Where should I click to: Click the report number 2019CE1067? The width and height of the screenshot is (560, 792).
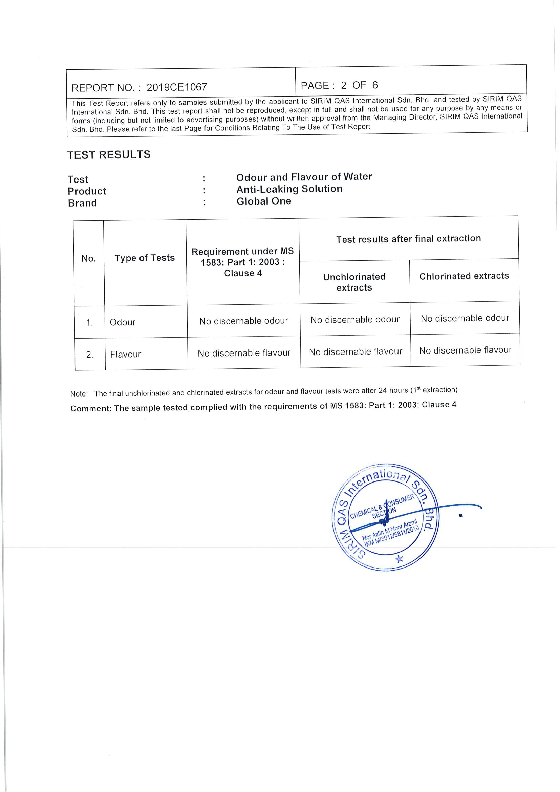(176, 87)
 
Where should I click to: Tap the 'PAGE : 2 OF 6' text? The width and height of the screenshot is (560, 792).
(339, 85)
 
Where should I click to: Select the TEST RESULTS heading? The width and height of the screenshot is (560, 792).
(109, 154)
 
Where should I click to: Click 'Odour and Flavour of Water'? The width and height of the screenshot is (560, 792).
(304, 177)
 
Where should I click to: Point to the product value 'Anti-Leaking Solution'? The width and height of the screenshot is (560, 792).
(289, 189)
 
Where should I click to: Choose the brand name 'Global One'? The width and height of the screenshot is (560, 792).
(263, 201)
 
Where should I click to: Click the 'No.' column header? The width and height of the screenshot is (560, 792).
(89, 258)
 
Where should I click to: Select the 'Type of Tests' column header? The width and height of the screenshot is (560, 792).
(145, 258)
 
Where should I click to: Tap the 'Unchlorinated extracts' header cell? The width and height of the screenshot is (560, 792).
(354, 282)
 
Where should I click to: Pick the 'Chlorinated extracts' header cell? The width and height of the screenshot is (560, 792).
(464, 276)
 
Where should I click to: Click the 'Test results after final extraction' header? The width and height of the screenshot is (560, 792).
(408, 239)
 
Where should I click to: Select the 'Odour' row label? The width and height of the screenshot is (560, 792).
(123, 322)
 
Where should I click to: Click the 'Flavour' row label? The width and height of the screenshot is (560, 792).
(126, 354)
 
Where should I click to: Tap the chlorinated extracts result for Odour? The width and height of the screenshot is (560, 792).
(465, 318)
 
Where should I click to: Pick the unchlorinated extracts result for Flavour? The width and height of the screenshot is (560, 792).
(355, 352)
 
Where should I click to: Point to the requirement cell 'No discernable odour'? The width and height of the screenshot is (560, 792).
(243, 321)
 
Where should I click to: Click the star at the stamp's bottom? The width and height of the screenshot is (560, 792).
(399, 558)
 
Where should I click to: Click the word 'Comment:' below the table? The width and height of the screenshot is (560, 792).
(91, 408)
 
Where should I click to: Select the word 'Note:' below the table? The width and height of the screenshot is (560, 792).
(79, 393)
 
